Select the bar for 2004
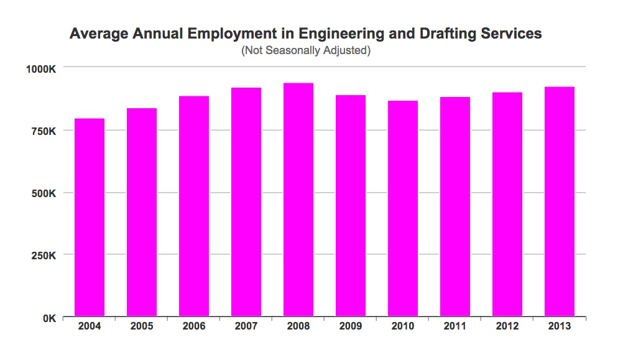(x=90, y=218)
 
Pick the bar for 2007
(x=246, y=202)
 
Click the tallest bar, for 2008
(x=298, y=200)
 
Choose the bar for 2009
(x=351, y=206)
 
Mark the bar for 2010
(x=403, y=209)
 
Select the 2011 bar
(x=455, y=207)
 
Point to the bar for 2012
(x=507, y=205)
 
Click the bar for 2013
(x=560, y=202)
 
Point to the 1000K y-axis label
(x=42, y=68)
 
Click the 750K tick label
(x=44, y=131)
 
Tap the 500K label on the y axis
(x=44, y=193)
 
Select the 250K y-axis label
(x=44, y=256)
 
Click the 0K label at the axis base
(x=50, y=318)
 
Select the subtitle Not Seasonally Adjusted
(x=306, y=51)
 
